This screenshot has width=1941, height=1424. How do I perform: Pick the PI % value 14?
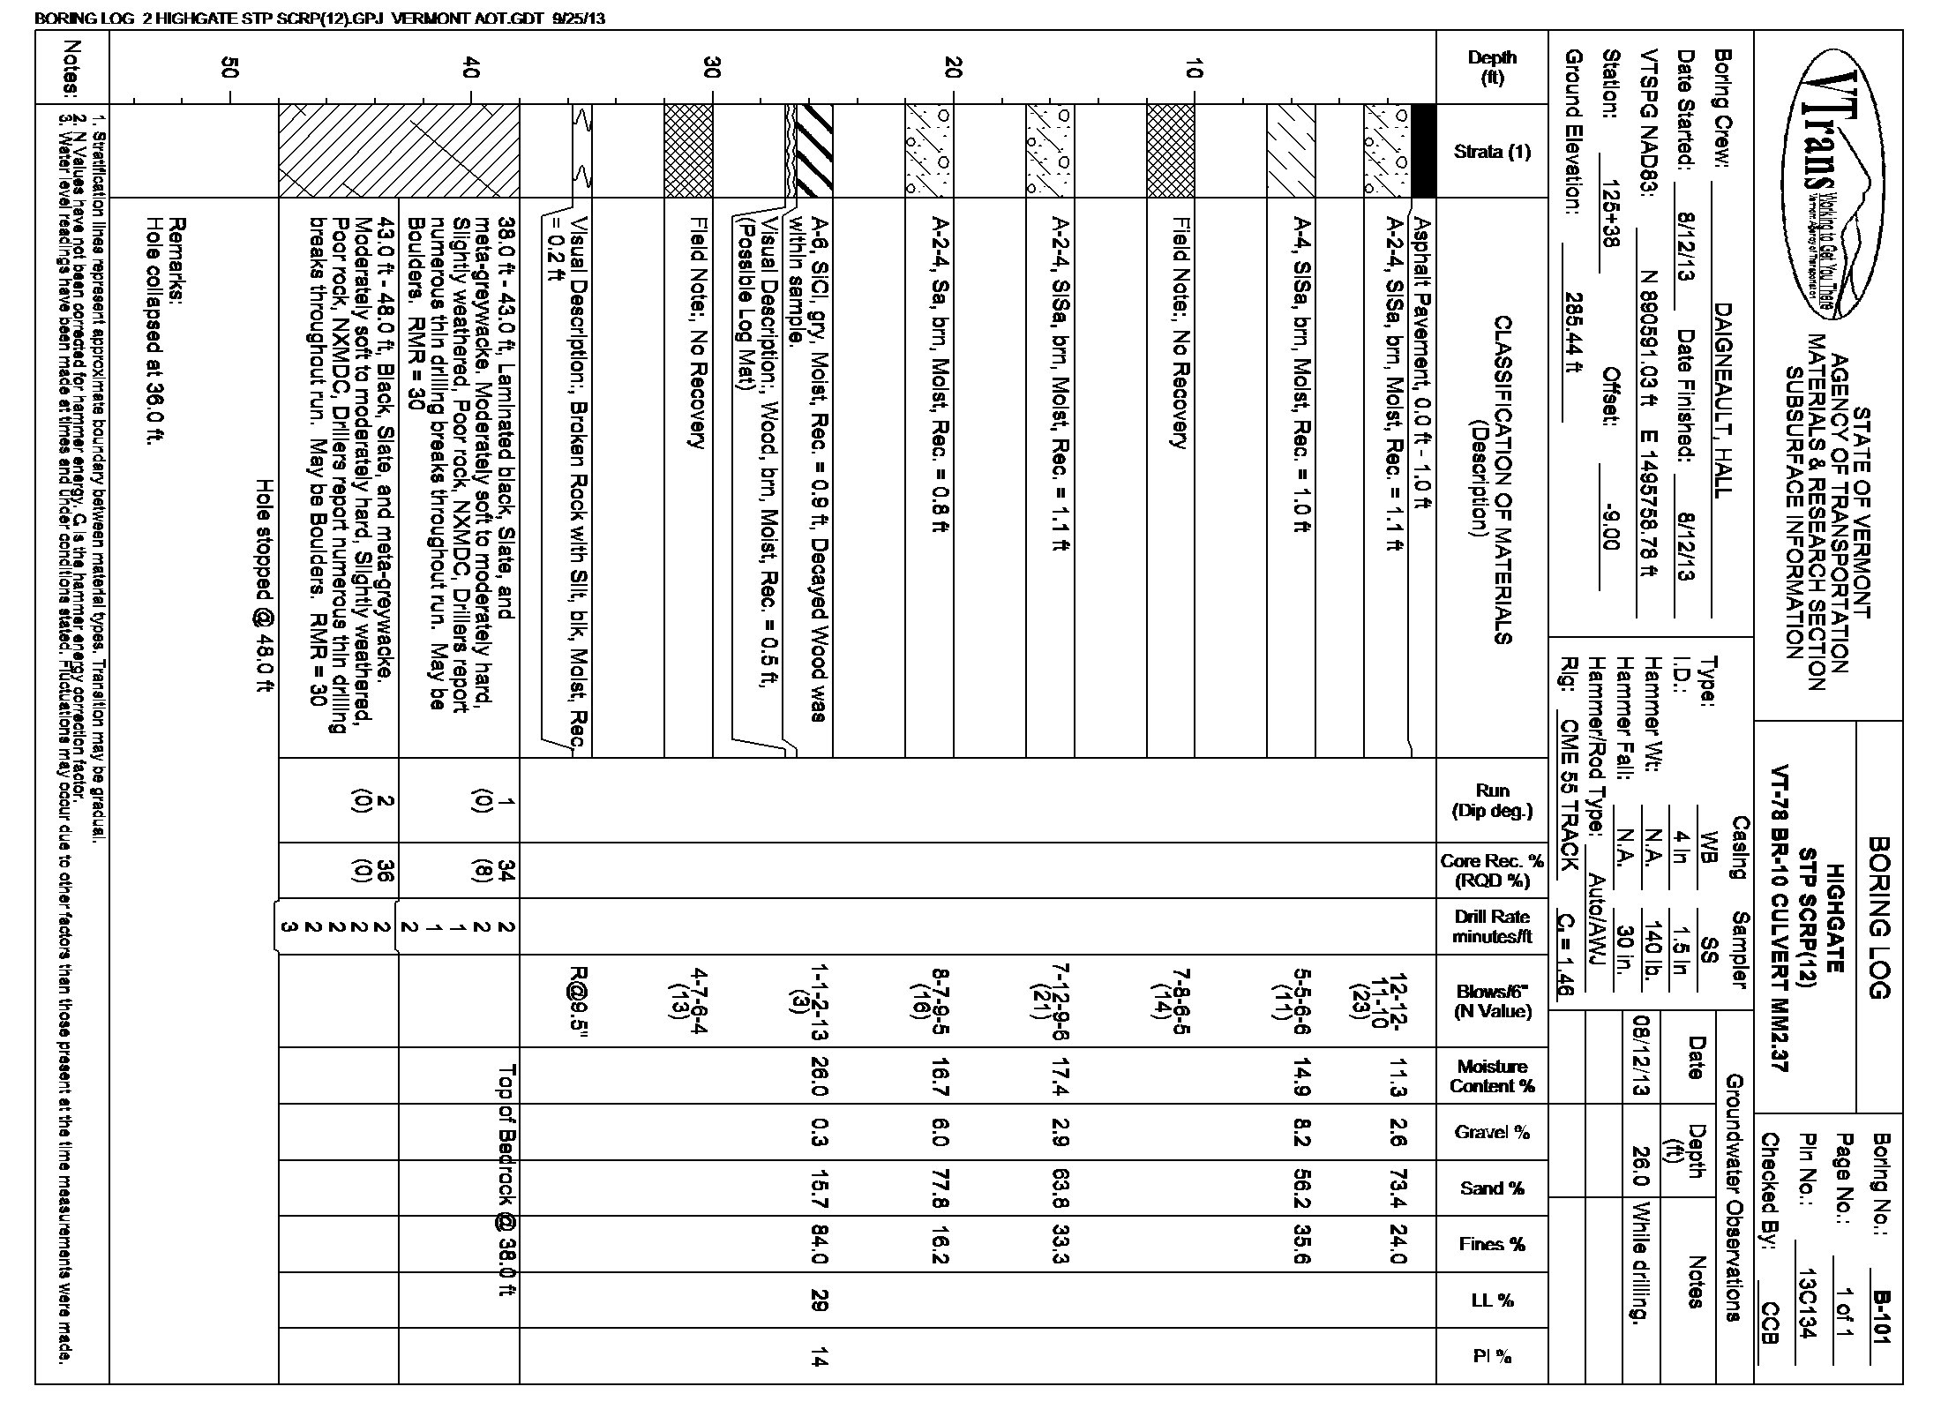tap(818, 1360)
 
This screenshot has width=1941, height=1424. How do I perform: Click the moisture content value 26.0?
tap(818, 1075)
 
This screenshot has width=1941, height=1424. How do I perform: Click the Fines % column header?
tap(1492, 1244)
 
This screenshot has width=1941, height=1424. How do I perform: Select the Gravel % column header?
tap(1492, 1132)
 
